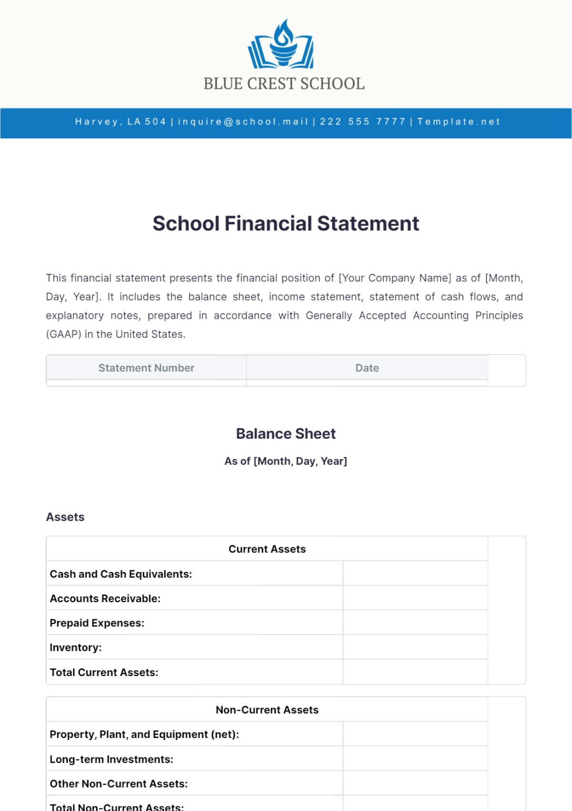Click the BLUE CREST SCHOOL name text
284,84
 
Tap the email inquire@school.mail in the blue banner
243,122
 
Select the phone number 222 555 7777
362,122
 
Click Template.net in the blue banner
459,122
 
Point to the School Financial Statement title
286,224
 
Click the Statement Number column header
146,368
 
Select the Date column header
367,368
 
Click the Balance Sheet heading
286,434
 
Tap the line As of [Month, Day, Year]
286,461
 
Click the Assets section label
65,517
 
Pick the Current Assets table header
267,549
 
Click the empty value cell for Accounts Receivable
415,598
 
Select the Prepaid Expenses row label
97,623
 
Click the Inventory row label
76,648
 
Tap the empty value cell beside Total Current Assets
415,672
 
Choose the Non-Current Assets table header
267,710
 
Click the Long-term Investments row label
112,759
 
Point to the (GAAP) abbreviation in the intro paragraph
63,334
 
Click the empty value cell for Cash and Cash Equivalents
415,573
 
